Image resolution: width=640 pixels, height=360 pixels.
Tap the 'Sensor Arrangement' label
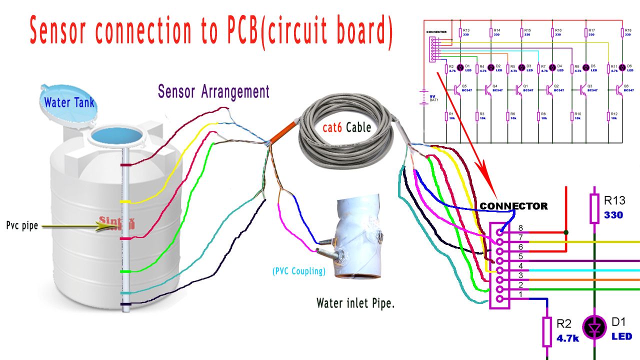coord(213,92)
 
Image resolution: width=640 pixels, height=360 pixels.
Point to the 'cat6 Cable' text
coord(346,127)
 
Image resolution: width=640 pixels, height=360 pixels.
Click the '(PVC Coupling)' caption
coord(299,271)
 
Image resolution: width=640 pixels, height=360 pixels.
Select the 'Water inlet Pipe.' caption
coord(355,303)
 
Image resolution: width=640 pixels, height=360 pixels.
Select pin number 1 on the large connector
coord(499,299)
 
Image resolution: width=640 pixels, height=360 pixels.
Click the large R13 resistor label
coord(614,201)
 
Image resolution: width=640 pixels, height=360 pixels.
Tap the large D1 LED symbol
coord(594,328)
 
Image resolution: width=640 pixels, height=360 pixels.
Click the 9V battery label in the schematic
coord(433,95)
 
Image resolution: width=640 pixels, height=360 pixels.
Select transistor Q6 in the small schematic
coord(619,89)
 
